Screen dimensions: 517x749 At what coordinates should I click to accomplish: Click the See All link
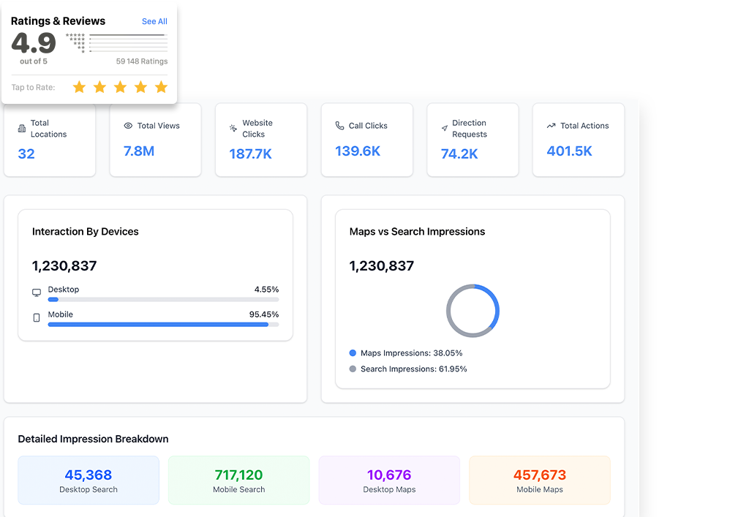(154, 21)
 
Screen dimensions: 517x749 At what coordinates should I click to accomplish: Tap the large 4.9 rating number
(34, 44)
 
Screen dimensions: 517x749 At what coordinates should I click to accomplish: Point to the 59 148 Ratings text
(141, 61)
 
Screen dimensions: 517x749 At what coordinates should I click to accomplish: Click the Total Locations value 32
(26, 154)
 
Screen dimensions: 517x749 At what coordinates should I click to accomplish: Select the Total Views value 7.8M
(138, 151)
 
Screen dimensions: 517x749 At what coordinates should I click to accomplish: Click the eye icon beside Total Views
(128, 126)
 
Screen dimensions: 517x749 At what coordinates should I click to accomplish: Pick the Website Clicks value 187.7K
(250, 154)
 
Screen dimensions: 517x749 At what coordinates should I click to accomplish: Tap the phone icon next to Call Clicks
(339, 126)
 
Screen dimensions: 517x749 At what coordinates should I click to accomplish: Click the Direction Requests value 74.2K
(459, 154)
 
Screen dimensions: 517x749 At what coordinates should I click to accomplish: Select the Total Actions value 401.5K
(569, 151)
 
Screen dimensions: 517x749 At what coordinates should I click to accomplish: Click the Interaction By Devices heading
(86, 232)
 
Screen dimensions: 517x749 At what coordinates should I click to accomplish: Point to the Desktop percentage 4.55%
(266, 290)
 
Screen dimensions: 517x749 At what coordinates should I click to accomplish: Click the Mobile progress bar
(163, 324)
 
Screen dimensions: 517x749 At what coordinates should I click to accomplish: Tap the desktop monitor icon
(37, 293)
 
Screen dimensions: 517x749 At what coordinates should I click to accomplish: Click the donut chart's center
(473, 311)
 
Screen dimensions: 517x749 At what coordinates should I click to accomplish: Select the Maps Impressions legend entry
(406, 353)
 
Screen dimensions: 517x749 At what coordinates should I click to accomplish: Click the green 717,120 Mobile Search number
(238, 475)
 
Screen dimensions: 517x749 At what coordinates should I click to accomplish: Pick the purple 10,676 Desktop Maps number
(389, 475)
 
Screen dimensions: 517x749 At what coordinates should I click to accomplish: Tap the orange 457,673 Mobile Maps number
(540, 475)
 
